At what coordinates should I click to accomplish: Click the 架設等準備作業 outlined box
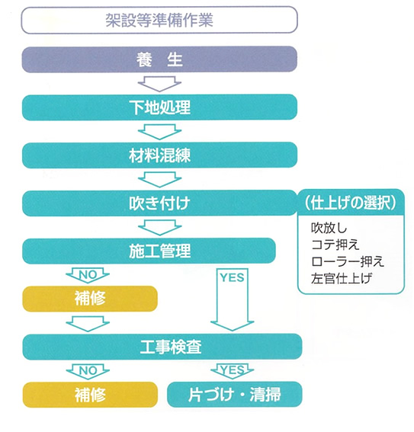[159, 20]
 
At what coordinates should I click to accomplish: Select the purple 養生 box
[159, 59]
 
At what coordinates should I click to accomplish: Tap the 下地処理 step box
[159, 107]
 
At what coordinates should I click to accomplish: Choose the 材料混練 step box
[159, 155]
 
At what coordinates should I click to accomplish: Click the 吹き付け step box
[159, 203]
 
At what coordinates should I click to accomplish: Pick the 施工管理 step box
[149, 251]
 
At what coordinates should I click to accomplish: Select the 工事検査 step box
[162, 347]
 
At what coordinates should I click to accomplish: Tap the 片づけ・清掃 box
[235, 395]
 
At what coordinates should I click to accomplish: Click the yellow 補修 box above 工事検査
[90, 299]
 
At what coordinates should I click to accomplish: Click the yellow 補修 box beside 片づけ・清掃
[90, 395]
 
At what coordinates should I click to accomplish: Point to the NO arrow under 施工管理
[88, 275]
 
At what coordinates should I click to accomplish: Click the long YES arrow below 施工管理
[233, 299]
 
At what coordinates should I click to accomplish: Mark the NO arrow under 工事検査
[88, 371]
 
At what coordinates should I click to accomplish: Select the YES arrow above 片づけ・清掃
[233, 371]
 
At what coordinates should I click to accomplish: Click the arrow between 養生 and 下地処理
[159, 84]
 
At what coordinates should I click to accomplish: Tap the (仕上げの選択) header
[351, 203]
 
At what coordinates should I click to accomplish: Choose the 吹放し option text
[329, 228]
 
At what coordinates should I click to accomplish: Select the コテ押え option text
[335, 245]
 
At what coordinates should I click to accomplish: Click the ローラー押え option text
[348, 261]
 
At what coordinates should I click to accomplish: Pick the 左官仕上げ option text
[342, 279]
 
